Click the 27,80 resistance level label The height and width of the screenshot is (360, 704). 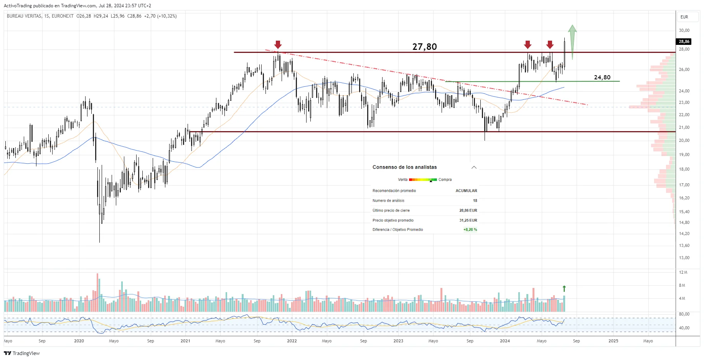424,47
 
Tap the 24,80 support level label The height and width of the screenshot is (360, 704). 602,77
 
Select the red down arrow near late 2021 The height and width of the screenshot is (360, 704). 278,45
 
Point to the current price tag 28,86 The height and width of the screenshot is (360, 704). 684,41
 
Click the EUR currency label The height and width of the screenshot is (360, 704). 684,17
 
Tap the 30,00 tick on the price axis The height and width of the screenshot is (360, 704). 684,30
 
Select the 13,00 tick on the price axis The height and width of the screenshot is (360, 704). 684,258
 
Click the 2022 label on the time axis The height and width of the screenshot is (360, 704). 292,341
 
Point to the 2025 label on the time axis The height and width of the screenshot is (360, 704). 613,341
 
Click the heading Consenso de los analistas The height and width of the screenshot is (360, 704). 404,167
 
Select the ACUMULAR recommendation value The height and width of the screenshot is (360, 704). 466,191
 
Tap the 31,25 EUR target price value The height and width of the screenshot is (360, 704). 468,220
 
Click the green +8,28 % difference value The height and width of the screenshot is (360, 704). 470,230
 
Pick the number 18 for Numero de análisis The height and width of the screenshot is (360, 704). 475,201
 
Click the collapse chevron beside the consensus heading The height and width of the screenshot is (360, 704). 474,167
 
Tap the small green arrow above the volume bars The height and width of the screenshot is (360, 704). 564,289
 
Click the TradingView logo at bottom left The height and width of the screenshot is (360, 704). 22,353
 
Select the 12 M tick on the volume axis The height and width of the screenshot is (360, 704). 683,272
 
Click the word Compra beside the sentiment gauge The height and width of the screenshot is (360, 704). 445,179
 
